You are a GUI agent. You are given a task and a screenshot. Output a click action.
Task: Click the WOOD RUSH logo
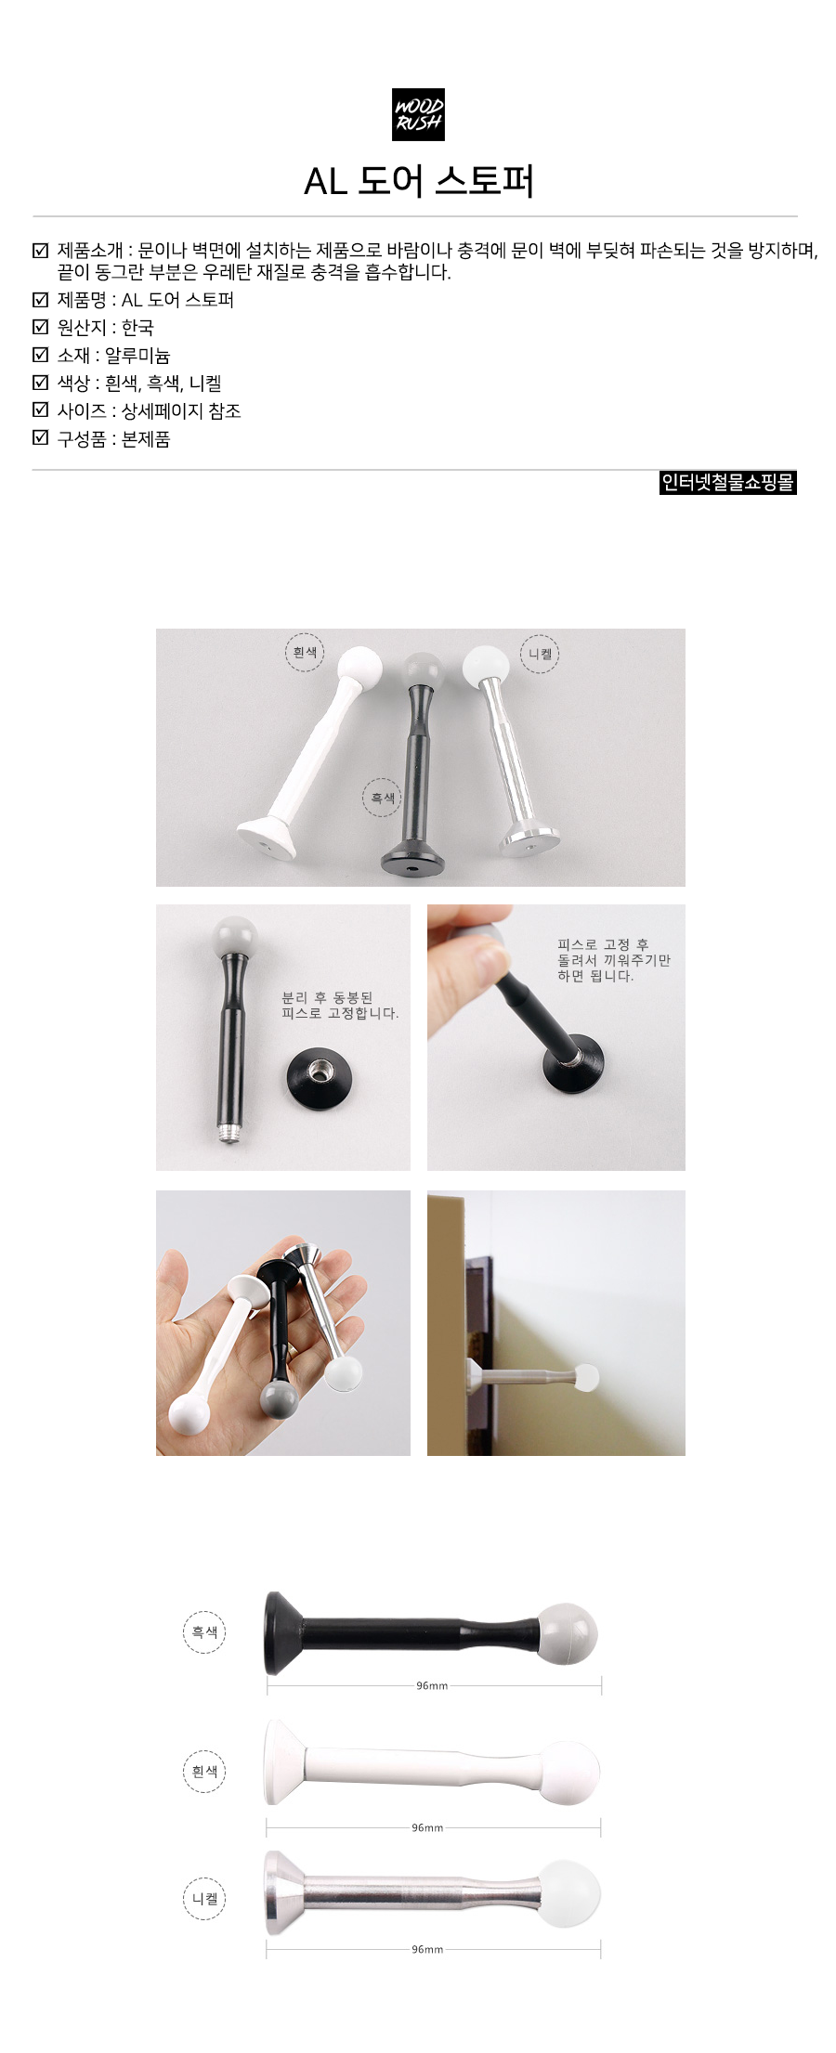pyautogui.click(x=418, y=114)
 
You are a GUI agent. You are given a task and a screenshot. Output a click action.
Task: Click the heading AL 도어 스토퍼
pyautogui.click(x=419, y=181)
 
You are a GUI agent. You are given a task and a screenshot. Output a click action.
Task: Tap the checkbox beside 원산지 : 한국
pyautogui.click(x=40, y=327)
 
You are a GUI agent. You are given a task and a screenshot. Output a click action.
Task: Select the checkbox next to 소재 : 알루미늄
pyautogui.click(x=40, y=355)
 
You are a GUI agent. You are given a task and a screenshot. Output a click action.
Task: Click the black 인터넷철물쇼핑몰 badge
pyautogui.click(x=728, y=483)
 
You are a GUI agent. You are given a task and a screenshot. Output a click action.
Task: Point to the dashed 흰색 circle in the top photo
pyautogui.click(x=305, y=652)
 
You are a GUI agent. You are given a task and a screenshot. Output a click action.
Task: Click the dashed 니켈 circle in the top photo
pyautogui.click(x=540, y=654)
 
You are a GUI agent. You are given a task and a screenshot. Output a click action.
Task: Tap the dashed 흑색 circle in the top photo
pyautogui.click(x=382, y=798)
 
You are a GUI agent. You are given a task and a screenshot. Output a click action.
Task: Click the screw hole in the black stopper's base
pyautogui.click(x=412, y=867)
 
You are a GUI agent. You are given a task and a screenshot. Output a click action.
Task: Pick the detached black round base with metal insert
pyautogui.click(x=320, y=1078)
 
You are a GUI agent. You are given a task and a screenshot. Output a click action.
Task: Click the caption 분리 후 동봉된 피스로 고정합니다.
pyautogui.click(x=340, y=1006)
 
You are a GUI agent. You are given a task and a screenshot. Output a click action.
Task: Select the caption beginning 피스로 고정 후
pyautogui.click(x=614, y=960)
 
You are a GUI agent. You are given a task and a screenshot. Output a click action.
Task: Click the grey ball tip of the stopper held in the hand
pyautogui.click(x=279, y=1398)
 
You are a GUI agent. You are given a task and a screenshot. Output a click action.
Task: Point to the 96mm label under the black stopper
pyautogui.click(x=432, y=1685)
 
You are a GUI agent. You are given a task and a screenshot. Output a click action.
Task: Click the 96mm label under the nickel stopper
pyautogui.click(x=427, y=1949)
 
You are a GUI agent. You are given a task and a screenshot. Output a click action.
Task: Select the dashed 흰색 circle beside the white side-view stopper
pyautogui.click(x=204, y=1771)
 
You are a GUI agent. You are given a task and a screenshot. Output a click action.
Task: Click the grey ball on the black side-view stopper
pyautogui.click(x=568, y=1633)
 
